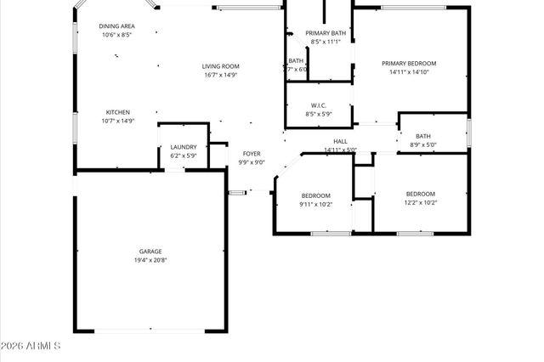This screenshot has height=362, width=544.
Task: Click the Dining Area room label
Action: (x=117, y=26)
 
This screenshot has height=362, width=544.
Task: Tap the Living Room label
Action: (x=220, y=66)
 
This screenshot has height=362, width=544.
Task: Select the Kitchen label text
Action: (x=117, y=112)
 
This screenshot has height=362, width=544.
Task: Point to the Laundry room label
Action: (x=184, y=147)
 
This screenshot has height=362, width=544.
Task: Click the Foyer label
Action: (x=251, y=154)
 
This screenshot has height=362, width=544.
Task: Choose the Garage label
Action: (x=150, y=252)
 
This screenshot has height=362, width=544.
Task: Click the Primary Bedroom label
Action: (x=408, y=64)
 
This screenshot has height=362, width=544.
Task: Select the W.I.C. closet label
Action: (x=320, y=105)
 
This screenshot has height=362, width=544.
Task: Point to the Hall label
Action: (x=340, y=141)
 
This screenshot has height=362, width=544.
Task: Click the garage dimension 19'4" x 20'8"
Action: (x=150, y=260)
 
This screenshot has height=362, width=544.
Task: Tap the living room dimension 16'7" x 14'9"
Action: (x=220, y=75)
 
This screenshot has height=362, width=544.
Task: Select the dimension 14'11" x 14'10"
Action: (x=408, y=72)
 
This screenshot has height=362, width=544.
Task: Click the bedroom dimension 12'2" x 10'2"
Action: (x=420, y=203)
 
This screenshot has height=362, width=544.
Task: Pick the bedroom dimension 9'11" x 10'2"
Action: (x=315, y=203)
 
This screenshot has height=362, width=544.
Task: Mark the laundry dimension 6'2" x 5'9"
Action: (x=184, y=156)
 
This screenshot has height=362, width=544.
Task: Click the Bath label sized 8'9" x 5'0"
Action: (x=422, y=136)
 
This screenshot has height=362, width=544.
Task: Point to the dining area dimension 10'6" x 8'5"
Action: (x=117, y=35)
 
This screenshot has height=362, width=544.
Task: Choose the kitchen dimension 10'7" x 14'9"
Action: (x=117, y=121)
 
